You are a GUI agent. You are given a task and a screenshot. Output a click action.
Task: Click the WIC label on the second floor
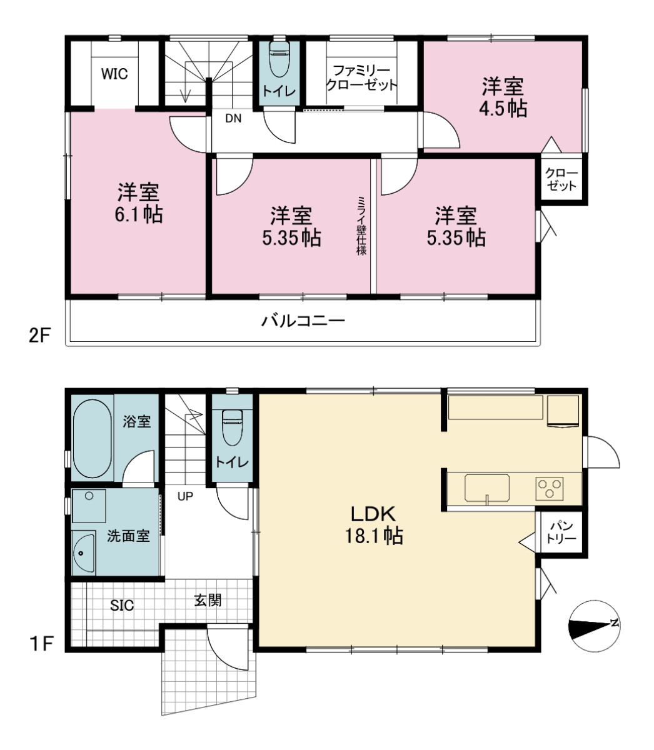coord(115,74)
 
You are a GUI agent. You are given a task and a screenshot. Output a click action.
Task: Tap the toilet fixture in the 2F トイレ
coord(279,59)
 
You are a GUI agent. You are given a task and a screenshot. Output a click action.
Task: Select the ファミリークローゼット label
coord(361,77)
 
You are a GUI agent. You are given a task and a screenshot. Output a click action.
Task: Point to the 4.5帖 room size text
coord(503,109)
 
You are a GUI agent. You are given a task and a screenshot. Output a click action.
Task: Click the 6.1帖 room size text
coord(139,214)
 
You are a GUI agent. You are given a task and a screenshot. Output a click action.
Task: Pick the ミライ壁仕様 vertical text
coord(361,226)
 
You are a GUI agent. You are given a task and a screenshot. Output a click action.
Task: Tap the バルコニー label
coord(303,321)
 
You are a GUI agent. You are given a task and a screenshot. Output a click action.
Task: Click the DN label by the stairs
coord(233,118)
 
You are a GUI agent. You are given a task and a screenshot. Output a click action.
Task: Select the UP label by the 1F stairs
coord(185,496)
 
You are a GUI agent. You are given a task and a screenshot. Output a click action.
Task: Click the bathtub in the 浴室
coord(92,438)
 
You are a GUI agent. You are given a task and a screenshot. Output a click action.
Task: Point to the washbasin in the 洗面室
coord(84,554)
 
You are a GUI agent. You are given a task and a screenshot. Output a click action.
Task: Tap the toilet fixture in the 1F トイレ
coord(232,427)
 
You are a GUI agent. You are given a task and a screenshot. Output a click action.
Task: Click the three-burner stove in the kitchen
coord(549,489)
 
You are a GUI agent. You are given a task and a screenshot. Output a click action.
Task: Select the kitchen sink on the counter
coord(487,487)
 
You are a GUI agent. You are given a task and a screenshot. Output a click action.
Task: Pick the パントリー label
coord(561,532)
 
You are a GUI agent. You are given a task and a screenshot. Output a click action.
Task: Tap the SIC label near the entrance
coord(122,605)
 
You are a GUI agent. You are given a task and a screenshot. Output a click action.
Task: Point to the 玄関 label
coord(208,601)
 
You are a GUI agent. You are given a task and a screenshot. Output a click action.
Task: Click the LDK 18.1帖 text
coord(373,525)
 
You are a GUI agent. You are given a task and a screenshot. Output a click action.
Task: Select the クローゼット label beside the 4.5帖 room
coord(561,179)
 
